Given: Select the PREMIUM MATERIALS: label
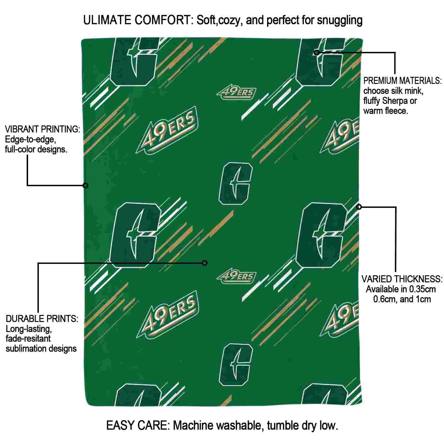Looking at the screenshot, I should (402, 81).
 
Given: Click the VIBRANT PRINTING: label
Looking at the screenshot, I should (42, 129).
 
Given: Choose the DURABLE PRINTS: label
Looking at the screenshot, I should (42, 319).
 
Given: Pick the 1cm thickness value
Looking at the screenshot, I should (423, 299).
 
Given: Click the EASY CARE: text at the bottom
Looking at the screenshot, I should (138, 425).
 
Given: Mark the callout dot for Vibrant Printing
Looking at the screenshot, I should (85, 185).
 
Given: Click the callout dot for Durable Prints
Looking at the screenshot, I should (205, 263).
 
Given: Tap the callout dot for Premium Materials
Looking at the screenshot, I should (316, 52).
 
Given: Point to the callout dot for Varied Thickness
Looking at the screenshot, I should (359, 207).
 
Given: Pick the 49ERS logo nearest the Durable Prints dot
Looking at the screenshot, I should (236, 277).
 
